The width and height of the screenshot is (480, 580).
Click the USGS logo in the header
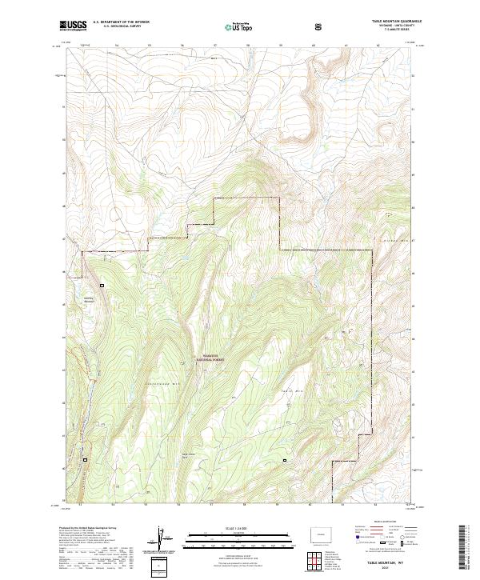tap(74, 26)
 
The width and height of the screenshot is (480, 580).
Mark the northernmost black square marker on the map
tap(102, 286)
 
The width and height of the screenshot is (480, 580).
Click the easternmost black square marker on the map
tap(283, 461)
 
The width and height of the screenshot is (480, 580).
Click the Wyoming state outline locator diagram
tap(322, 534)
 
